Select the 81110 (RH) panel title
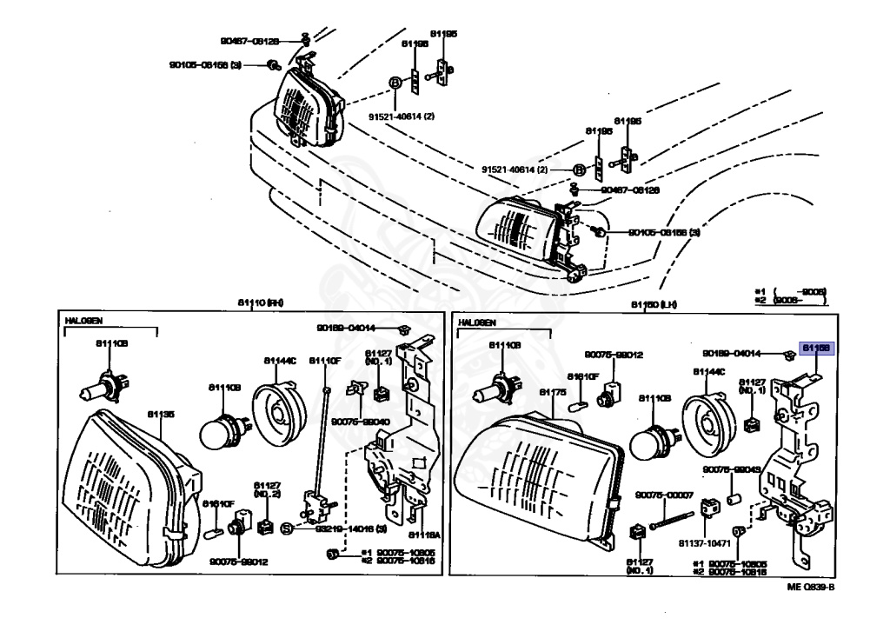pos(261,302)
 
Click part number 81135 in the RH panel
pos(160,415)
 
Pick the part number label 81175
pos(553,393)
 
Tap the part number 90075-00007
pos(664,495)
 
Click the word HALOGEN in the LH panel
pos(476,322)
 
